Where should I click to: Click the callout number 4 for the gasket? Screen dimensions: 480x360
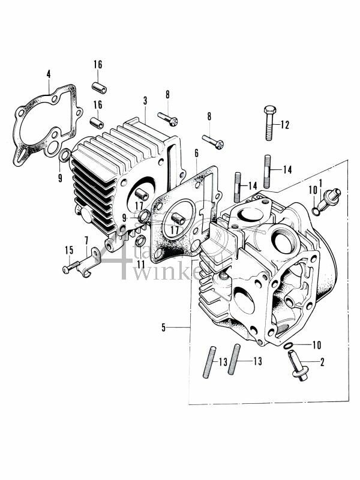coord(48,74)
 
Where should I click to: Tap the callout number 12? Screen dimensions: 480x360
coord(284,125)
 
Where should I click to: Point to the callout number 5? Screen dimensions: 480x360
coord(163,327)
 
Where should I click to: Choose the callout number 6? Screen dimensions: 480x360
coord(196,154)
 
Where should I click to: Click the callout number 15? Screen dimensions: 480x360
coord(69,250)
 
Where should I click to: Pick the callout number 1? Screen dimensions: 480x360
coord(321,182)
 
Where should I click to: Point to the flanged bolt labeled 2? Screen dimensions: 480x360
coord(298,367)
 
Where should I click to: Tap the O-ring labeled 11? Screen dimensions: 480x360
coord(140,241)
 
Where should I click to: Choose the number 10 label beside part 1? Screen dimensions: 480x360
coord(312,190)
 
